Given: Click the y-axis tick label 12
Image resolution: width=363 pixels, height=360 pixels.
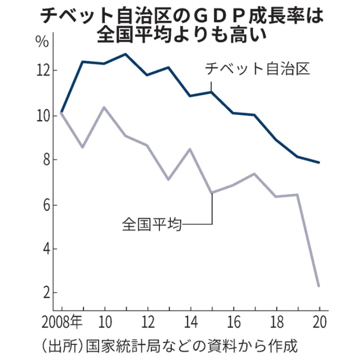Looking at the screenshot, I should tap(44, 71).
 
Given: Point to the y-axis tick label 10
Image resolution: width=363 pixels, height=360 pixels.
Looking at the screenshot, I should tap(44, 115).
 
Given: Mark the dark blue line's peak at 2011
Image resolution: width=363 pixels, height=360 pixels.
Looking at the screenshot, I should tap(126, 54).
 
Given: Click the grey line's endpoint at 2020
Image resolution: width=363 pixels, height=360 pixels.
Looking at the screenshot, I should tap(319, 286).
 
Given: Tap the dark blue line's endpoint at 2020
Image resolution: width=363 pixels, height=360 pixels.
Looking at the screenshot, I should tap(319, 163).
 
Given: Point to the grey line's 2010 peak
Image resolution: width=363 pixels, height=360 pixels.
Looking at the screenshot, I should tap(104, 107).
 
